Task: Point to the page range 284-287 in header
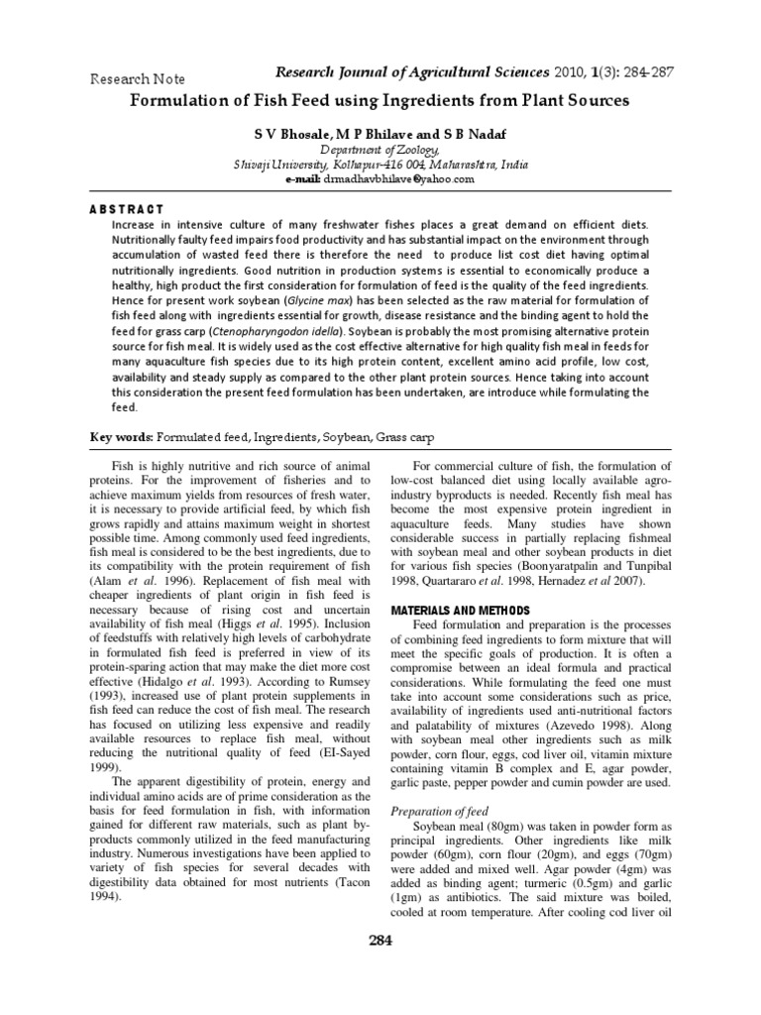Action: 644,73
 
